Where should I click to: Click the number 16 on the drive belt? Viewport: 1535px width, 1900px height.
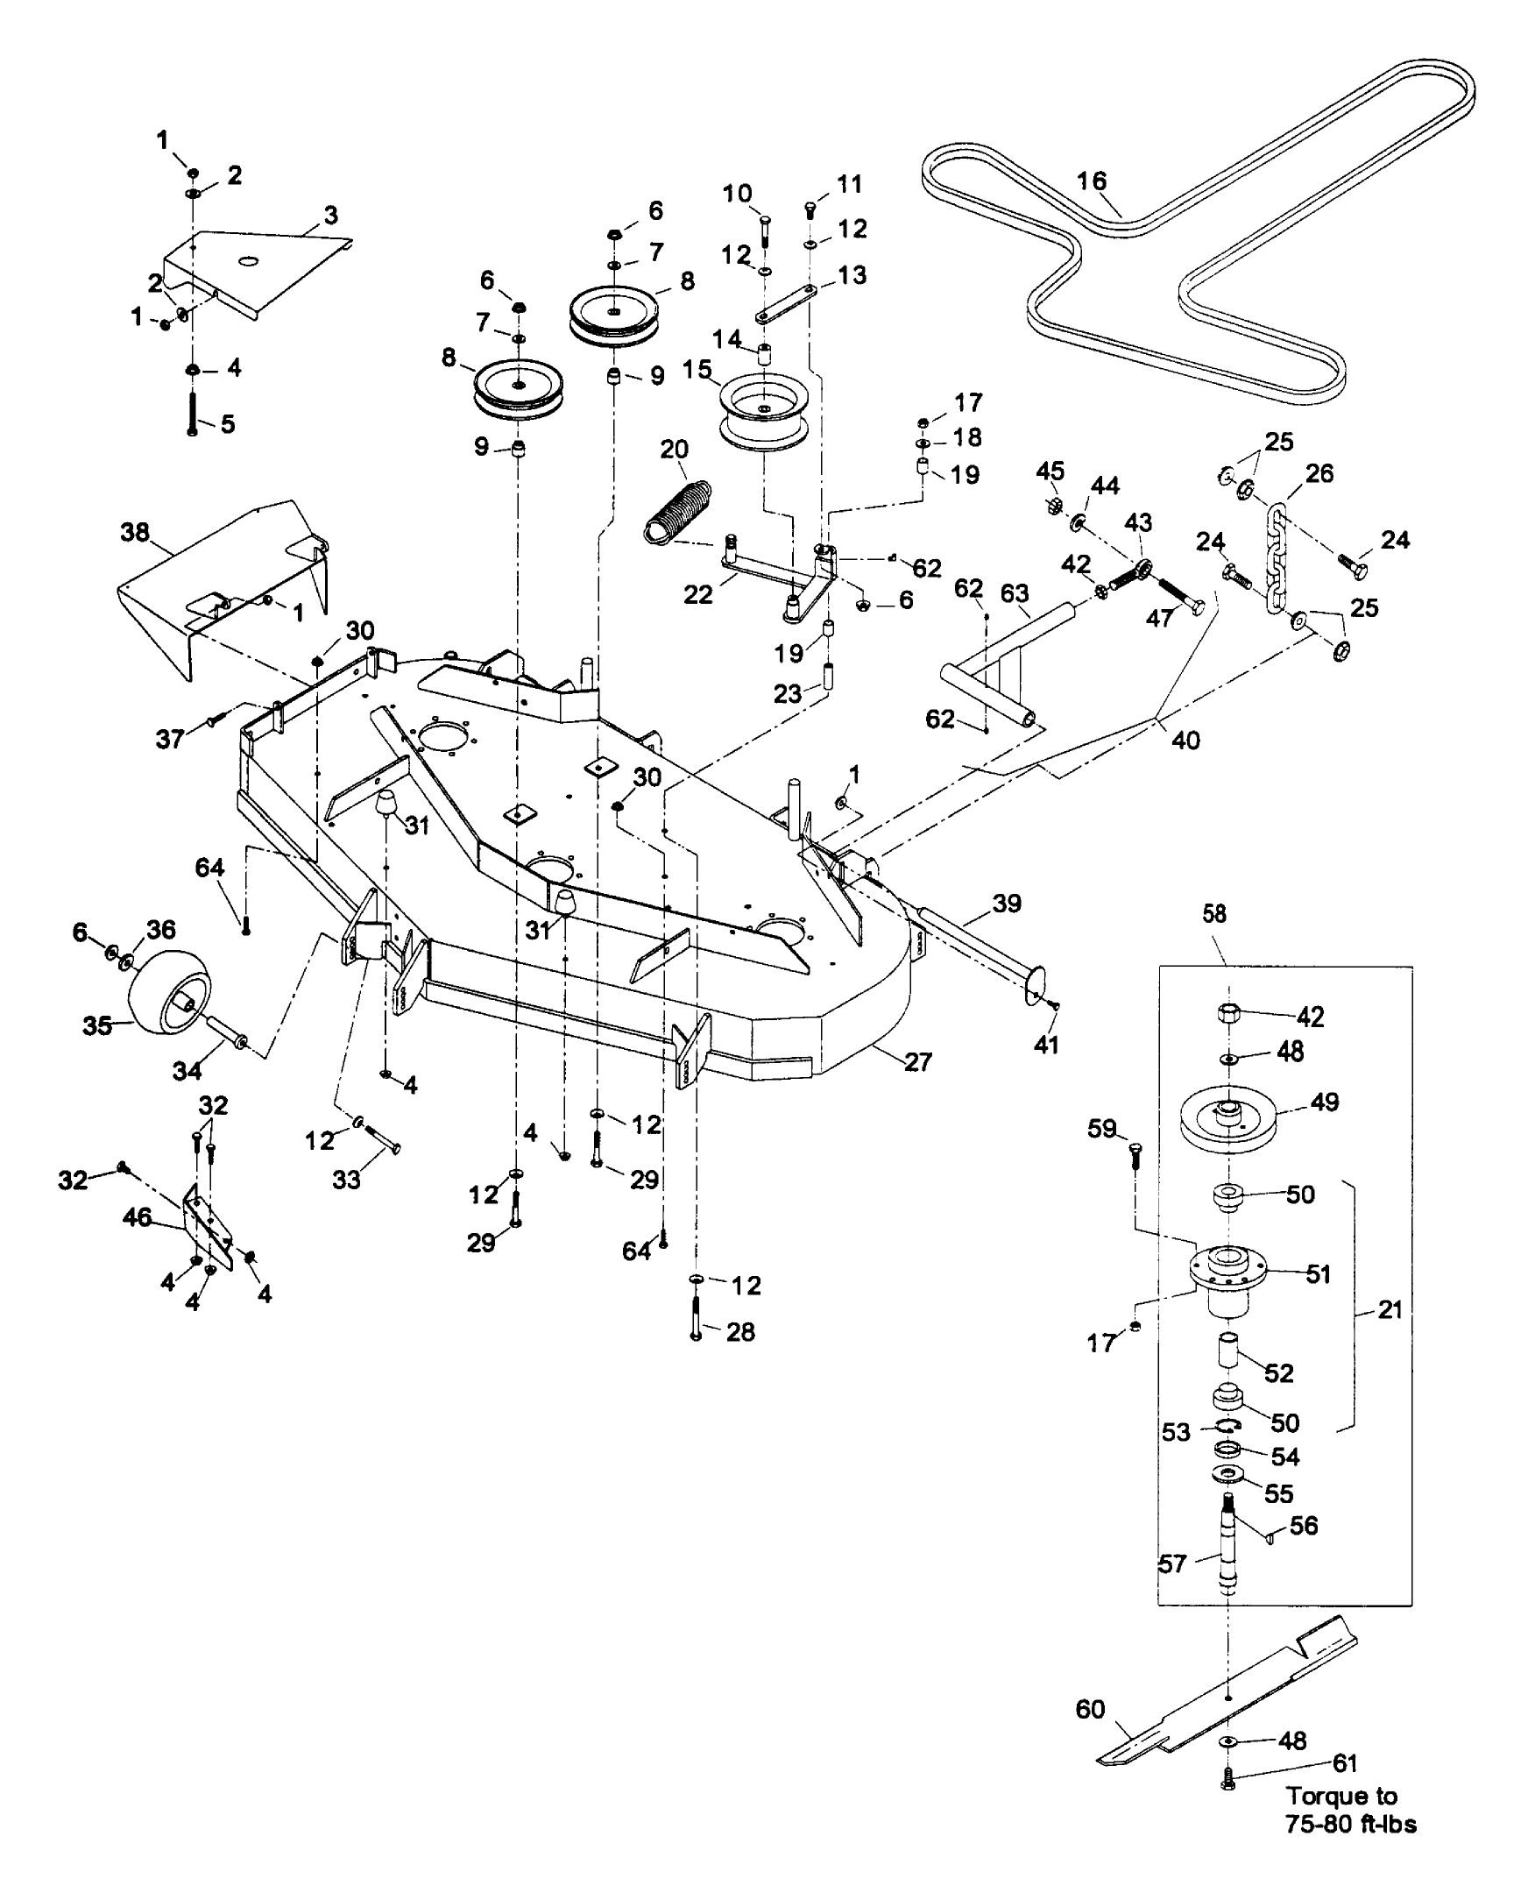1092,181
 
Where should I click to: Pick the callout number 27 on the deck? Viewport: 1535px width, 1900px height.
918,1061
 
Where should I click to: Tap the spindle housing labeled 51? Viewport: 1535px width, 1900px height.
1228,1273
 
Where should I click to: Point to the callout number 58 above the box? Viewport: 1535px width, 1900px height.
1214,914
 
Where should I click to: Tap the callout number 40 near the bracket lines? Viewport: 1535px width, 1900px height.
1185,740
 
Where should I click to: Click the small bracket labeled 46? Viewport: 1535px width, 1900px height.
209,1228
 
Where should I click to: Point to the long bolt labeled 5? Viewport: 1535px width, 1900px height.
192,411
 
